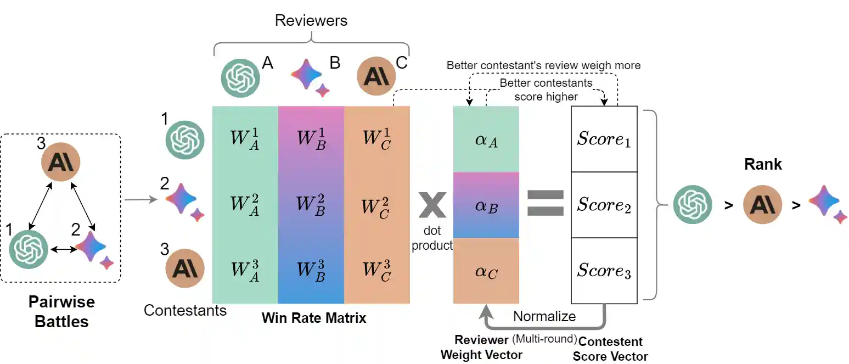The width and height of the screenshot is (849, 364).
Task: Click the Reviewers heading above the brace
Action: (311, 21)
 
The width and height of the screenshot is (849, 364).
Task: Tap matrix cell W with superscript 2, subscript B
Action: (311, 205)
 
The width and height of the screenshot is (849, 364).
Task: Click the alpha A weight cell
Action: (486, 139)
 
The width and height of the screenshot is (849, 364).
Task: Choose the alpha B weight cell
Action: (486, 206)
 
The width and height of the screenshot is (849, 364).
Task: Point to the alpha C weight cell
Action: (486, 271)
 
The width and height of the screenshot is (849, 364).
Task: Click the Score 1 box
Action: (604, 139)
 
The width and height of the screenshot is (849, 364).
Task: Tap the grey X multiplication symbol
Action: (432, 204)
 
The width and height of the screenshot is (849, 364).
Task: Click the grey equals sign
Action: (545, 203)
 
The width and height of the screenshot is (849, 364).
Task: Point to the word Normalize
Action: (544, 316)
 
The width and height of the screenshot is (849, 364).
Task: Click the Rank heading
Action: (763, 164)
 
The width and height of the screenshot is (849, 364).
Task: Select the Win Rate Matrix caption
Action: (313, 318)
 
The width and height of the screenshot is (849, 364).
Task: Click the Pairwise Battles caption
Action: (61, 311)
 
